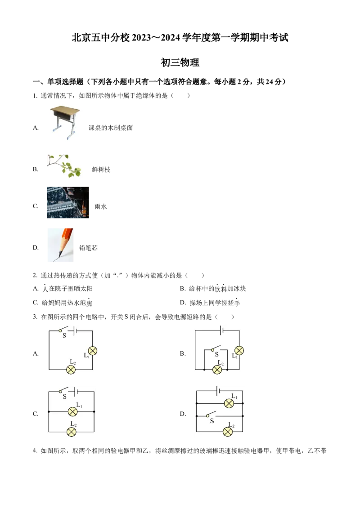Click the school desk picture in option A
65,122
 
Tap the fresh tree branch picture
64,166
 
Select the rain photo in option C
68,202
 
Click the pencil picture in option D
60,245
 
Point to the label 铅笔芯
88,248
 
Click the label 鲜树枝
101,170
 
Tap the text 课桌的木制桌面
110,128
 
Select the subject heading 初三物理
180,63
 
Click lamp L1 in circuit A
93,351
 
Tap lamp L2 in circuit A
71,370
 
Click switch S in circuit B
216,349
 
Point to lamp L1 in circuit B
239,351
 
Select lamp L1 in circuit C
72,411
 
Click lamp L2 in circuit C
72,432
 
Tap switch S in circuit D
211,415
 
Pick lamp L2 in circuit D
228,432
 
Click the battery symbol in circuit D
219,391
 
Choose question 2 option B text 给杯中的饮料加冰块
217,289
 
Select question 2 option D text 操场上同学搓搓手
215,303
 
